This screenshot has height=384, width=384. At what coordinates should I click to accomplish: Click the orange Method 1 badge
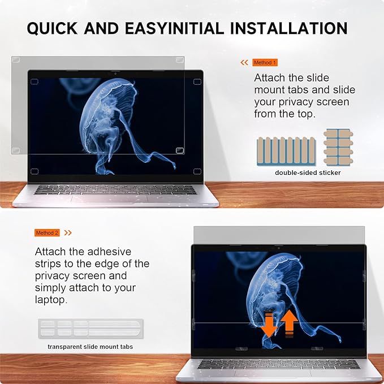pyautogui.click(x=265, y=62)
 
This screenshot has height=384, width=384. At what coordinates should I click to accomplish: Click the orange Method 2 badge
pyautogui.click(x=48, y=232)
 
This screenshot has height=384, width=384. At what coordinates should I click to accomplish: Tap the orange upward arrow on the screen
pyautogui.click(x=289, y=323)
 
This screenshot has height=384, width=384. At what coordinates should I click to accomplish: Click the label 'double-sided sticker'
pyautogui.click(x=308, y=172)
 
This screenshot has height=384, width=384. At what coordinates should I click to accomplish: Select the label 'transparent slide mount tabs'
pyautogui.click(x=90, y=346)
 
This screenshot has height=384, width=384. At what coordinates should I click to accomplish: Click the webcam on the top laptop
pyautogui.click(x=115, y=74)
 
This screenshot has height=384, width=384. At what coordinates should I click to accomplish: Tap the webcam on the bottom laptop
pyautogui.click(x=278, y=247)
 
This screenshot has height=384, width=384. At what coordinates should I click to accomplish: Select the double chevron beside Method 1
pyautogui.click(x=244, y=62)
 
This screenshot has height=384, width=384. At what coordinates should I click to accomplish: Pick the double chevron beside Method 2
pyautogui.click(x=68, y=232)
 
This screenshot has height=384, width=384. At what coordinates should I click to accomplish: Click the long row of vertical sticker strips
pyautogui.click(x=286, y=150)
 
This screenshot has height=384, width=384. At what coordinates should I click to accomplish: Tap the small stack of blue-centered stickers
pyautogui.click(x=338, y=145)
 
